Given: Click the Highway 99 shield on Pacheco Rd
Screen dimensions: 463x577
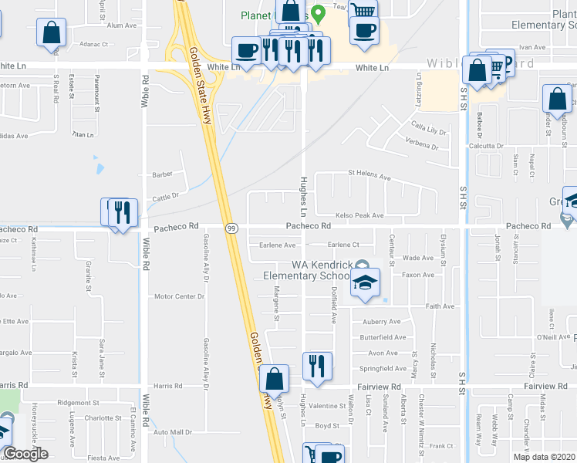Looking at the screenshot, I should coord(231,228).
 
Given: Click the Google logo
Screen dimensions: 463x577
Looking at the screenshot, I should coord(25,455).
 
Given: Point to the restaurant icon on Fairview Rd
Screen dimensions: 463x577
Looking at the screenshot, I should coord(317,366).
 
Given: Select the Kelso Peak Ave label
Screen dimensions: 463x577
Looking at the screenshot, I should coord(359,215).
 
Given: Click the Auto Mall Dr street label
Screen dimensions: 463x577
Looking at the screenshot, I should coord(173,432).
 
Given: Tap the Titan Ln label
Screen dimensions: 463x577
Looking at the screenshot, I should coord(81,134).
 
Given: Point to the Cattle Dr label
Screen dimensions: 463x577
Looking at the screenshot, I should coord(165,197).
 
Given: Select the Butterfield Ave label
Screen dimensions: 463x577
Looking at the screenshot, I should coord(383,337).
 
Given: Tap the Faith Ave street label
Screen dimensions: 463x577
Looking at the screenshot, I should coord(440,306).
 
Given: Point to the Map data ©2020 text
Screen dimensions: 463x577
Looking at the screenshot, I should coord(545,457).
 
